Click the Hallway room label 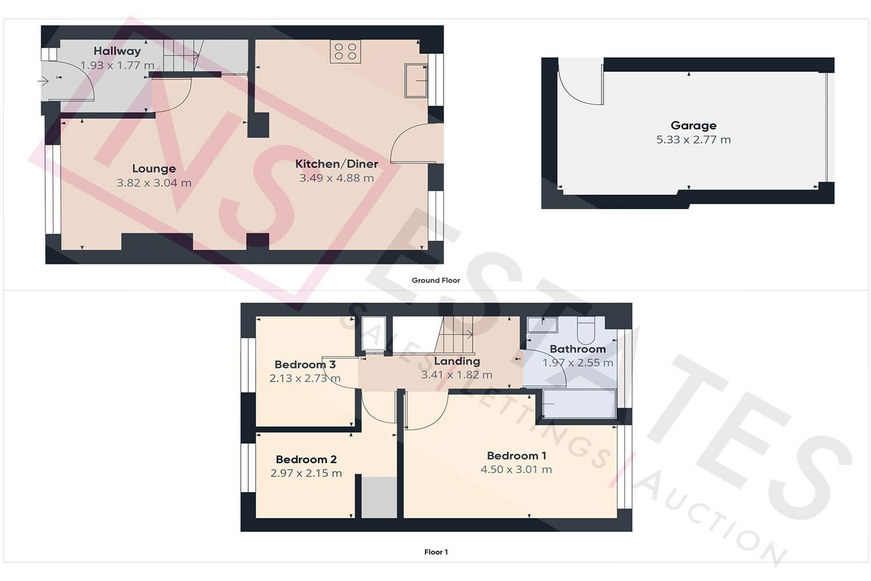point(117,51)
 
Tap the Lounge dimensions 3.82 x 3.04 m point(154,182)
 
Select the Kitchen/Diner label point(337,164)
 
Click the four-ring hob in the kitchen point(345,51)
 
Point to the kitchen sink point(416,80)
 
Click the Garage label point(693,125)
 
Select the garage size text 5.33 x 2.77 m point(693,139)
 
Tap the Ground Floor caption point(435,280)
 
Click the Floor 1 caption point(436,552)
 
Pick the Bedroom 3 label point(305,364)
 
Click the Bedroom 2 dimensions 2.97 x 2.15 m point(306,473)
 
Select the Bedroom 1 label point(516,456)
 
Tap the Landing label point(457,361)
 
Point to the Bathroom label point(578,349)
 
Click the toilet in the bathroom point(586,331)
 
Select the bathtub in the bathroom point(579,404)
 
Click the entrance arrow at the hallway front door point(43,81)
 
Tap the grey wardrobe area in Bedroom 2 point(379,497)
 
